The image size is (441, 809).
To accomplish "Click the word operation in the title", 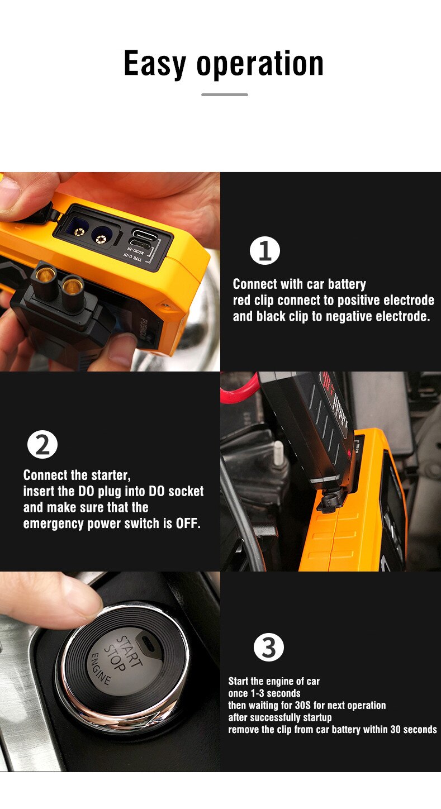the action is coord(260,65).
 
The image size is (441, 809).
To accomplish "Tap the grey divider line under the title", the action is coord(225,94).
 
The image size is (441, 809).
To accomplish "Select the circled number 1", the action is coord(265,251).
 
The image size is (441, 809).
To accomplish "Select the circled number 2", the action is coord(42,444).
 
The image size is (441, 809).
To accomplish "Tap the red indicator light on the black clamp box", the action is coord(349,453).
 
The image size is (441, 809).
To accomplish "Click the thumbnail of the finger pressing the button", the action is coord(110,672).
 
